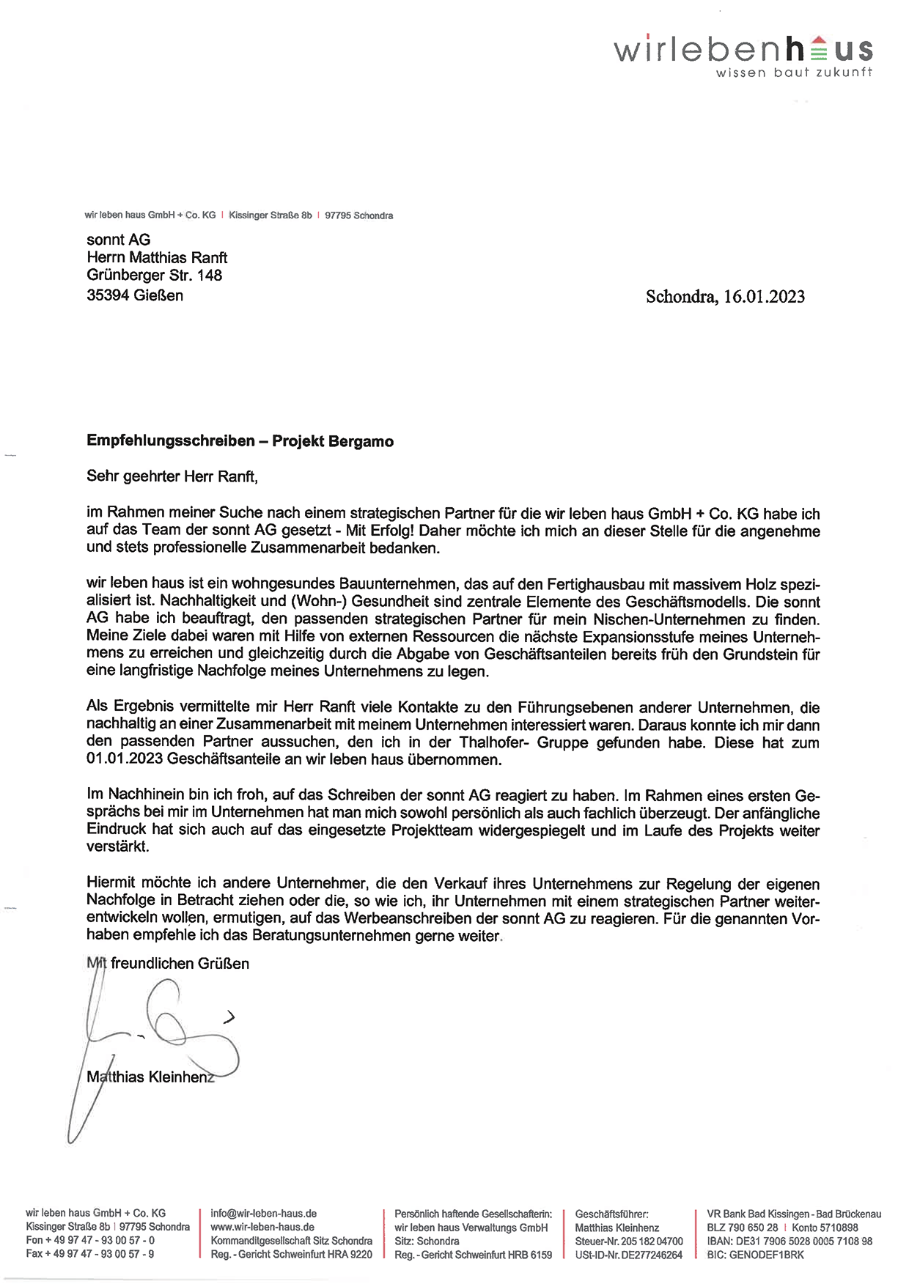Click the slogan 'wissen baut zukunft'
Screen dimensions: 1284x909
point(793,73)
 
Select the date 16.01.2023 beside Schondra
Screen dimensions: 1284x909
point(764,297)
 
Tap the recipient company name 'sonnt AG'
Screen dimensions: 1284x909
point(118,240)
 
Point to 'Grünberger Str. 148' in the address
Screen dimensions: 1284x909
point(154,276)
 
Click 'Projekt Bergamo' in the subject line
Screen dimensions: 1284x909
point(333,441)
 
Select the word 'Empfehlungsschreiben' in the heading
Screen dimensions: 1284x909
point(170,441)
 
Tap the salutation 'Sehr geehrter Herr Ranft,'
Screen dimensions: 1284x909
point(172,476)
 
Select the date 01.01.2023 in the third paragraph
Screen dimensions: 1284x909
point(124,760)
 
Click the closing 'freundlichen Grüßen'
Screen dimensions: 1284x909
point(180,964)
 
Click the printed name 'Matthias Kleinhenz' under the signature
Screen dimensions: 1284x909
point(150,1077)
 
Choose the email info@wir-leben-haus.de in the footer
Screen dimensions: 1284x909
point(263,1214)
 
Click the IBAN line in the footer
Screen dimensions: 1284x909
point(790,1241)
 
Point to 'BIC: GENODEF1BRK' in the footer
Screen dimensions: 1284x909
point(755,1255)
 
